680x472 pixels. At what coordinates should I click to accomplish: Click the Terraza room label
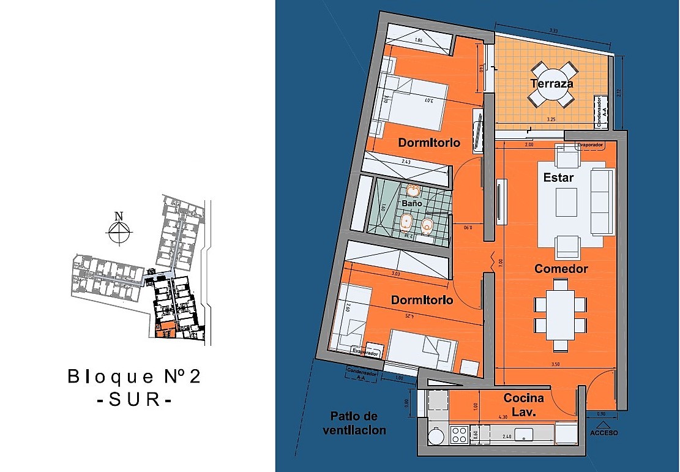click(552, 83)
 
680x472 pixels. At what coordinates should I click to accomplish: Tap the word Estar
click(558, 178)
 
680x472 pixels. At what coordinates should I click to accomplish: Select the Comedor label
click(561, 269)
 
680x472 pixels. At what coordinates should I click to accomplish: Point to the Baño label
click(412, 203)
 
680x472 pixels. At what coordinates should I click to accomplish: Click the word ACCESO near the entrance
click(604, 433)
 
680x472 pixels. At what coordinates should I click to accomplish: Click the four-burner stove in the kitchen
click(460, 435)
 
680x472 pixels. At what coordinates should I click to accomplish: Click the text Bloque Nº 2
click(134, 376)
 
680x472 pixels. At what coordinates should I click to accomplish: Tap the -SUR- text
click(134, 400)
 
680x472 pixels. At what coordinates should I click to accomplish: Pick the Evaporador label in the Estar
click(590, 146)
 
